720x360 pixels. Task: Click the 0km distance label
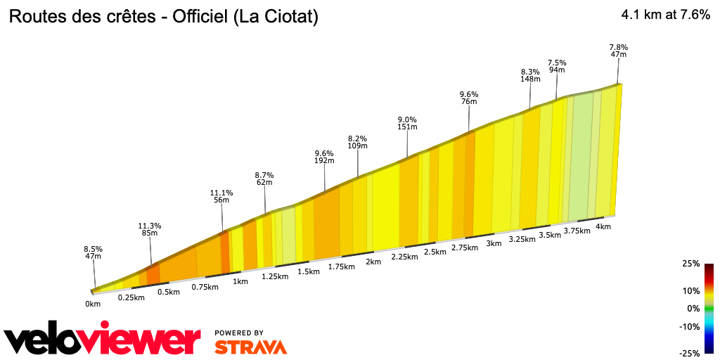tap(93, 304)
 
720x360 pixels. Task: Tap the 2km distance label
tap(373, 262)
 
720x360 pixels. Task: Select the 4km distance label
tap(603, 226)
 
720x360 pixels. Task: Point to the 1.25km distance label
tap(274, 276)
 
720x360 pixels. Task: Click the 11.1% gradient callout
tap(221, 193)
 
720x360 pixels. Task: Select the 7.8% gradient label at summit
tap(619, 47)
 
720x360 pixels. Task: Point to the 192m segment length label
tap(324, 161)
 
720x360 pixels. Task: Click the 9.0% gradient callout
tap(408, 120)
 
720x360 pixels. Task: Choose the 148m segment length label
tap(530, 79)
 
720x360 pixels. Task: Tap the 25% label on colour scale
tap(690, 264)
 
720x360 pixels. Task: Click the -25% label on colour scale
tap(690, 353)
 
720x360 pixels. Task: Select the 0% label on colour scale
tap(693, 308)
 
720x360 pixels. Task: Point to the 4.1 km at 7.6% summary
tap(665, 15)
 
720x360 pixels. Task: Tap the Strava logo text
tap(250, 347)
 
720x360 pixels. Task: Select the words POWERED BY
tap(239, 333)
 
